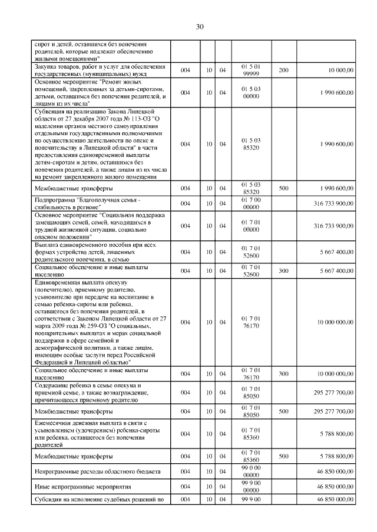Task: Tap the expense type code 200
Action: click(x=283, y=71)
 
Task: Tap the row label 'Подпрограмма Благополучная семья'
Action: click(x=88, y=203)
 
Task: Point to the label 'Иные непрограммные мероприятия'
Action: click(x=82, y=487)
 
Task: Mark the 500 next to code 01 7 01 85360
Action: click(x=283, y=456)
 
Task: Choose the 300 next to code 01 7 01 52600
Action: click(x=283, y=271)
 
